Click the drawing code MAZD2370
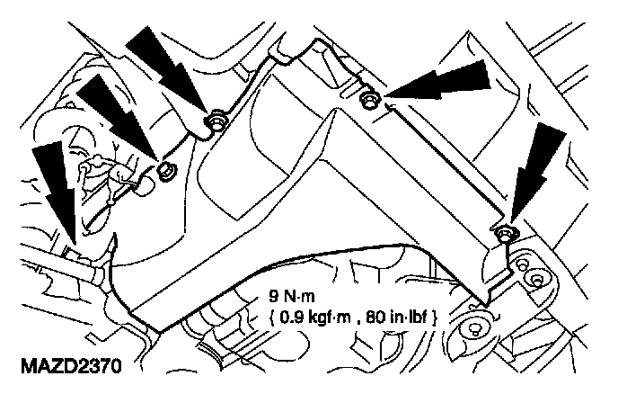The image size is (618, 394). point(71,366)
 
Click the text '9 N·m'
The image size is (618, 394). point(292,296)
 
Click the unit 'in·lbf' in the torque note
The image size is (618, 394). point(408,317)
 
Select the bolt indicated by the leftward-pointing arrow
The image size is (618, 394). point(369,99)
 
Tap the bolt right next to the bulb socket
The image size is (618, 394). point(167,171)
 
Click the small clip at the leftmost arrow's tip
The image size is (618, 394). point(74,252)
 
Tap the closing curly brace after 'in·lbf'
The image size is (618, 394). point(434,318)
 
